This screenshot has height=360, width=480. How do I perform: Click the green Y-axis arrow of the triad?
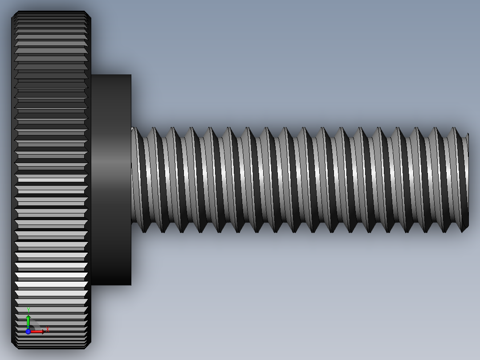(x=28, y=320)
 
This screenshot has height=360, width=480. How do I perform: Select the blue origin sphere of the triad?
(x=28, y=331)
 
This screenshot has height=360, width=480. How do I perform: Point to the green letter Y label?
(x=28, y=310)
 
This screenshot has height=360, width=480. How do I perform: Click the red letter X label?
(x=47, y=330)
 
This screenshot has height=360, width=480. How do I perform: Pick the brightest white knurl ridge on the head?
(x=51, y=284)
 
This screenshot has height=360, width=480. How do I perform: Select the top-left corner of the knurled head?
(x=13, y=13)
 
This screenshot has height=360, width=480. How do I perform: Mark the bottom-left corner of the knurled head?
(x=13, y=347)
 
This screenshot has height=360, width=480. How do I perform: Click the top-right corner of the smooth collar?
(x=130, y=75)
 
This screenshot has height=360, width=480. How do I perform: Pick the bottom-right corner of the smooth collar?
(x=130, y=284)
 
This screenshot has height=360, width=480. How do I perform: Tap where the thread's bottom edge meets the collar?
(x=132, y=223)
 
